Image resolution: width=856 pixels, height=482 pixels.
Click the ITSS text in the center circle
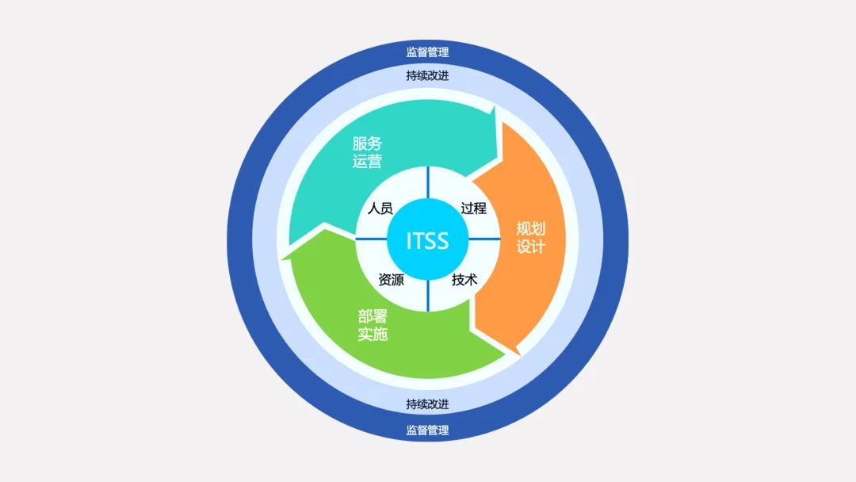[x=427, y=241]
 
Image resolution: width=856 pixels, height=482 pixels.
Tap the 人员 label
[x=380, y=208]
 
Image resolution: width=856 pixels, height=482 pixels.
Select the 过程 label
[x=473, y=208]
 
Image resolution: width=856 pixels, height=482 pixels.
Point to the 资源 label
[x=391, y=280]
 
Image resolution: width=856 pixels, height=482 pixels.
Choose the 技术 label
[x=464, y=280]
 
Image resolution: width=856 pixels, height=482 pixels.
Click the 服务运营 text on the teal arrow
[x=367, y=152]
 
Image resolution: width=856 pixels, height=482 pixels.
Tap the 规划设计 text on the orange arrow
[x=530, y=238]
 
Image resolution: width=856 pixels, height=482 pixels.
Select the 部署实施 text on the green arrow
[x=373, y=325]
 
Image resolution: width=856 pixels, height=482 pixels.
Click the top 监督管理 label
[x=427, y=52]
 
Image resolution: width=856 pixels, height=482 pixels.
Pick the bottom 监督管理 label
[x=427, y=430]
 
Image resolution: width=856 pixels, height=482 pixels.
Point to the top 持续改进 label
[x=427, y=75]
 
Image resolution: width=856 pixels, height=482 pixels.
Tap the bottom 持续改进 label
[x=427, y=404]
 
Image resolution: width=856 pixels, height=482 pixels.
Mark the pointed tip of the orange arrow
[x=518, y=355]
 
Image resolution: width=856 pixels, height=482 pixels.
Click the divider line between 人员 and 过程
[x=428, y=183]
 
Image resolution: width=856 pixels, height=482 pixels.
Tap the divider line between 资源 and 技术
[x=428, y=296]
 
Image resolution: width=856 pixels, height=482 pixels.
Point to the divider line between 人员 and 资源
[x=371, y=239]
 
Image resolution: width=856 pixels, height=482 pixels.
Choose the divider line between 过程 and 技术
[x=484, y=239]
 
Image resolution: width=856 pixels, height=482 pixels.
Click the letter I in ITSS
[x=408, y=241]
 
